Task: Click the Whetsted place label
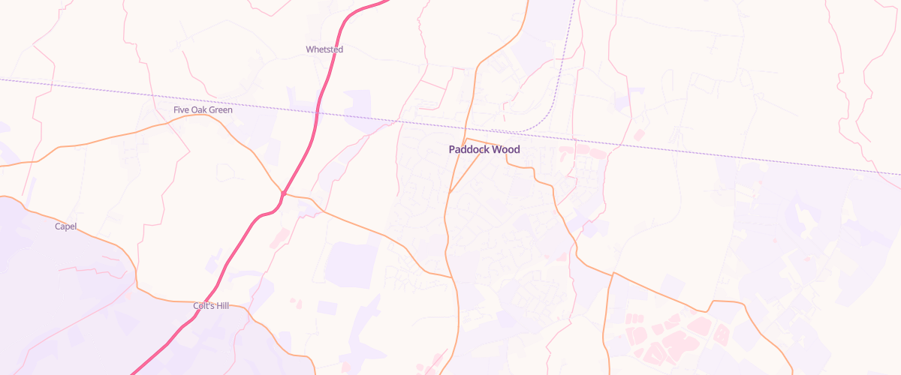[x=324, y=49]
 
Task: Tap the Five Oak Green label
[x=203, y=110]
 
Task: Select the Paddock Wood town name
[x=484, y=149]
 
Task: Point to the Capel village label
[x=66, y=226]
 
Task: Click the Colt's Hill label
[x=211, y=306]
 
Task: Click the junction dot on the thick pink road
[x=284, y=193]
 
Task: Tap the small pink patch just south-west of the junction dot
[x=278, y=238]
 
